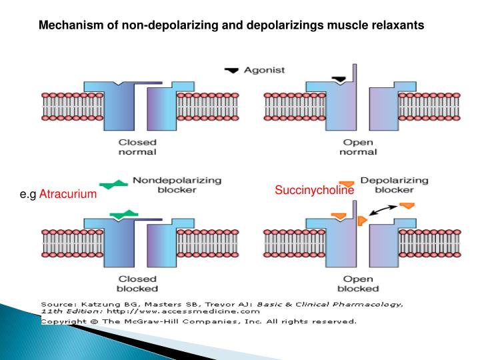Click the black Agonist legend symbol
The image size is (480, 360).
[x=231, y=69]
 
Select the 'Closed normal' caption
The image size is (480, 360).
[x=138, y=147]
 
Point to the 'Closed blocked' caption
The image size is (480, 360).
[x=138, y=283]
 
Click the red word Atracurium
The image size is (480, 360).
[x=68, y=194]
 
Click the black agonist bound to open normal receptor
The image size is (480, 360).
[x=339, y=79]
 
